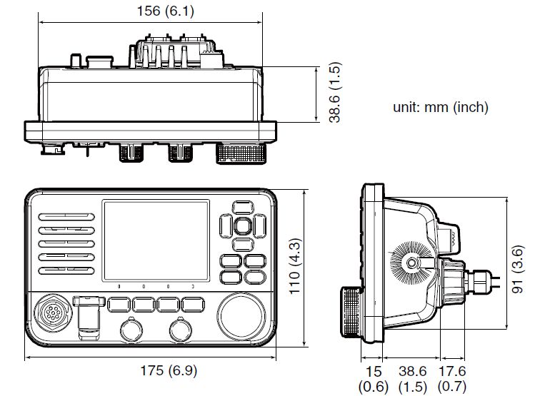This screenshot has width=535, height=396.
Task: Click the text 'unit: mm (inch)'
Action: pyautogui.click(x=440, y=108)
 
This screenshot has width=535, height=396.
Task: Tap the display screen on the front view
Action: pyautogui.click(x=156, y=240)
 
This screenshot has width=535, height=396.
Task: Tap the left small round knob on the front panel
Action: pyautogui.click(x=130, y=331)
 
